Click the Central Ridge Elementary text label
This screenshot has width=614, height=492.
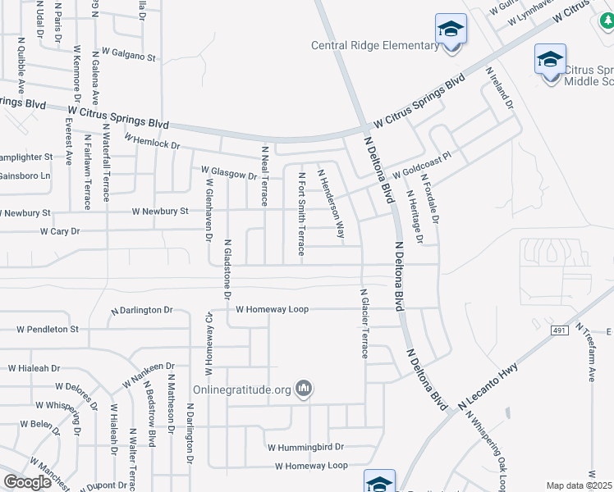(375, 46)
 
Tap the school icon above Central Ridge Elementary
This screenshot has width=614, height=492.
(451, 30)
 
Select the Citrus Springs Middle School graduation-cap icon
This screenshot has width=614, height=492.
(550, 59)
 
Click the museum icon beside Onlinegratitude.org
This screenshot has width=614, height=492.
(304, 388)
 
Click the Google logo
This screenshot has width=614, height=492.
(26, 482)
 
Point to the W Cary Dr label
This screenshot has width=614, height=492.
(60, 232)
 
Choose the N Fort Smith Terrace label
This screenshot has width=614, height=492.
(301, 213)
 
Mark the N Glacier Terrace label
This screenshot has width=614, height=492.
(364, 323)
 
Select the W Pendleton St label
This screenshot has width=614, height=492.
(48, 329)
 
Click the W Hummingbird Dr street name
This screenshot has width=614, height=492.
(305, 448)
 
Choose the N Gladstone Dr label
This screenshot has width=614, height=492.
(227, 268)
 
